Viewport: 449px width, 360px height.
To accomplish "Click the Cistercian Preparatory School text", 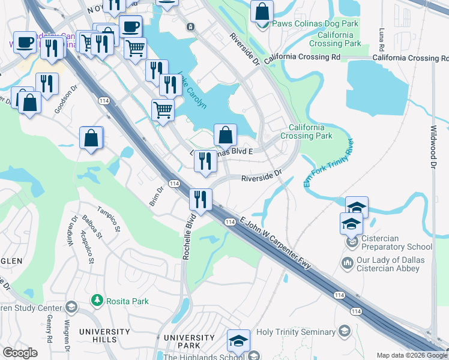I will [x=396, y=247].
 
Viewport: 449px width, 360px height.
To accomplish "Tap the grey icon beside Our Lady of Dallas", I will [x=347, y=263].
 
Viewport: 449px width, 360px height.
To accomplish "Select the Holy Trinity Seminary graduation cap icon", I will [x=345, y=331].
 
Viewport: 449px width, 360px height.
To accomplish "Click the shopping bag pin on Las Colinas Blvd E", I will [x=225, y=135].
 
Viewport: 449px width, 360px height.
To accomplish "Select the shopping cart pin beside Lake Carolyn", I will [x=163, y=110].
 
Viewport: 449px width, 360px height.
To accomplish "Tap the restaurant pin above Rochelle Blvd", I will [x=200, y=199].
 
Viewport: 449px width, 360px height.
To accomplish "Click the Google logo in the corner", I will [x=20, y=353].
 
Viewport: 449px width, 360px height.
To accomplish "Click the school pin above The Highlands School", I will [x=238, y=340].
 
